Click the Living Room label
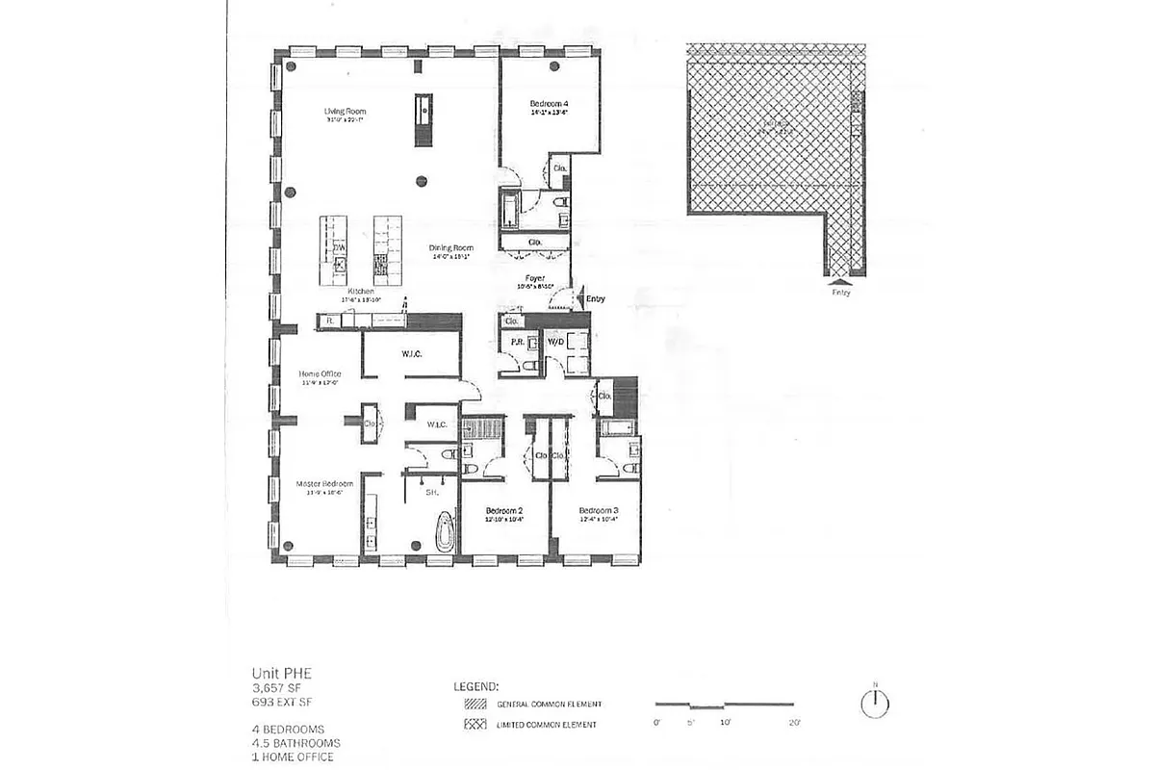(345, 112)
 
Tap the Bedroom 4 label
(549, 103)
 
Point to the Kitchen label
(360, 290)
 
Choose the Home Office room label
(320, 373)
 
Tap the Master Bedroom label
(324, 483)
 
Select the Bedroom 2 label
(504, 510)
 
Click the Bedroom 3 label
(597, 510)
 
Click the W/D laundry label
(555, 342)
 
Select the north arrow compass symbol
(874, 704)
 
